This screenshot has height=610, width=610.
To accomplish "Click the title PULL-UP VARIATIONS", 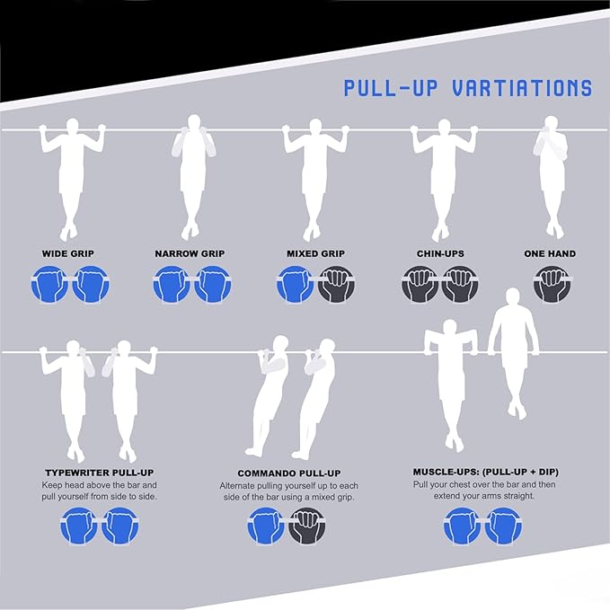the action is pos(468,88).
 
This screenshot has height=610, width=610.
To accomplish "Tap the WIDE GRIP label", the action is pos(68,253).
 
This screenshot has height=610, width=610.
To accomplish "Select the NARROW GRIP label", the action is pos(190,253).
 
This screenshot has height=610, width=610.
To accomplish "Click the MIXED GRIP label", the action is pos(316,253).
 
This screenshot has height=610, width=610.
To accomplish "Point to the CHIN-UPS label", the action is pos(440,253).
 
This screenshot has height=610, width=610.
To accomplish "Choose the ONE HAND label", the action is pos(550,253).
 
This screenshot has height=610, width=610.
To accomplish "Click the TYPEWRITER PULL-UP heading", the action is pos(100,473).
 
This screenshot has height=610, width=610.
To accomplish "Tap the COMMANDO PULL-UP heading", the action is pos(289,473).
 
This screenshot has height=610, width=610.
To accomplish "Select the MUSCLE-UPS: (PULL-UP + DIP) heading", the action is pos(486,472).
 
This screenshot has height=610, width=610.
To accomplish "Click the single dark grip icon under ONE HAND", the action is pos(552,284).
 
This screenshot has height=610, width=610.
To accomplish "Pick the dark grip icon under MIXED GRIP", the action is pos(337,284).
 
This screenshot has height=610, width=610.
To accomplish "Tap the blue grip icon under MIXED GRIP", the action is pos(296,284).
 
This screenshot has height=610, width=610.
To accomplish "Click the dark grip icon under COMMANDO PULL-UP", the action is pos(308,526).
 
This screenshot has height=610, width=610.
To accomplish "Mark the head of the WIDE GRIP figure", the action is pos(72,127).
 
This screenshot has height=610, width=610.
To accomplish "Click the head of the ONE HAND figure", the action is pos(550,124).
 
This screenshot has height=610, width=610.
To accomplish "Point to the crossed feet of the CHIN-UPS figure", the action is pos(441,233).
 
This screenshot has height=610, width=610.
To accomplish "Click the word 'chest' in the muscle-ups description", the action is pos(460,485).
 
